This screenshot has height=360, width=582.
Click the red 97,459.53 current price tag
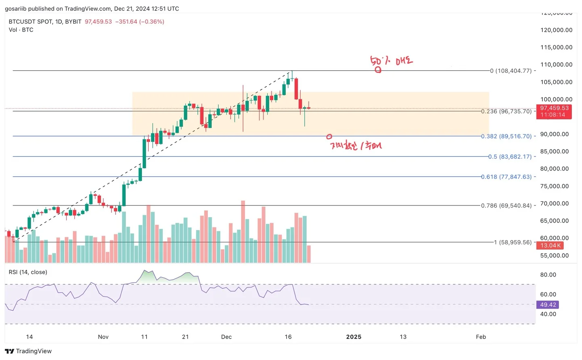click(554, 111)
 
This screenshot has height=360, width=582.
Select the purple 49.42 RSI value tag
click(548, 305)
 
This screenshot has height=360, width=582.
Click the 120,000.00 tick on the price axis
click(556, 30)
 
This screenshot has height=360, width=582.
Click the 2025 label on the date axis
click(354, 337)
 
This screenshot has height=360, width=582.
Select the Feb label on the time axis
click(481, 337)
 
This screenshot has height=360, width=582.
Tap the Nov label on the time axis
click(103, 337)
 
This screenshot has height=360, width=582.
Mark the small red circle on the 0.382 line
click(329, 137)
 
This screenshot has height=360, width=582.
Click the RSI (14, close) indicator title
click(28, 272)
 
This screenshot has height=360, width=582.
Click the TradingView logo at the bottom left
click(28, 351)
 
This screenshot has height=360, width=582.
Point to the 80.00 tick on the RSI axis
click(548, 275)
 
